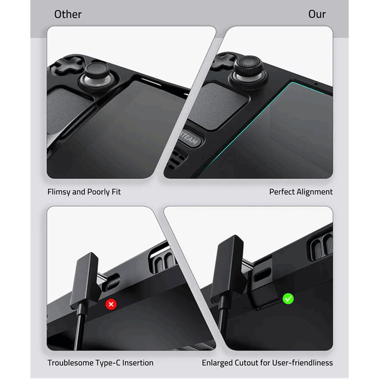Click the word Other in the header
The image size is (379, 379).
tap(68, 15)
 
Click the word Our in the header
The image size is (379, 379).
tap(317, 15)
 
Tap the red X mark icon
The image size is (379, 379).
tap(111, 304)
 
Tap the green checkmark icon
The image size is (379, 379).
tap(288, 299)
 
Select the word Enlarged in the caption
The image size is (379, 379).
tap(217, 363)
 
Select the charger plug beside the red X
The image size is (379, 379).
tap(85, 282)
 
